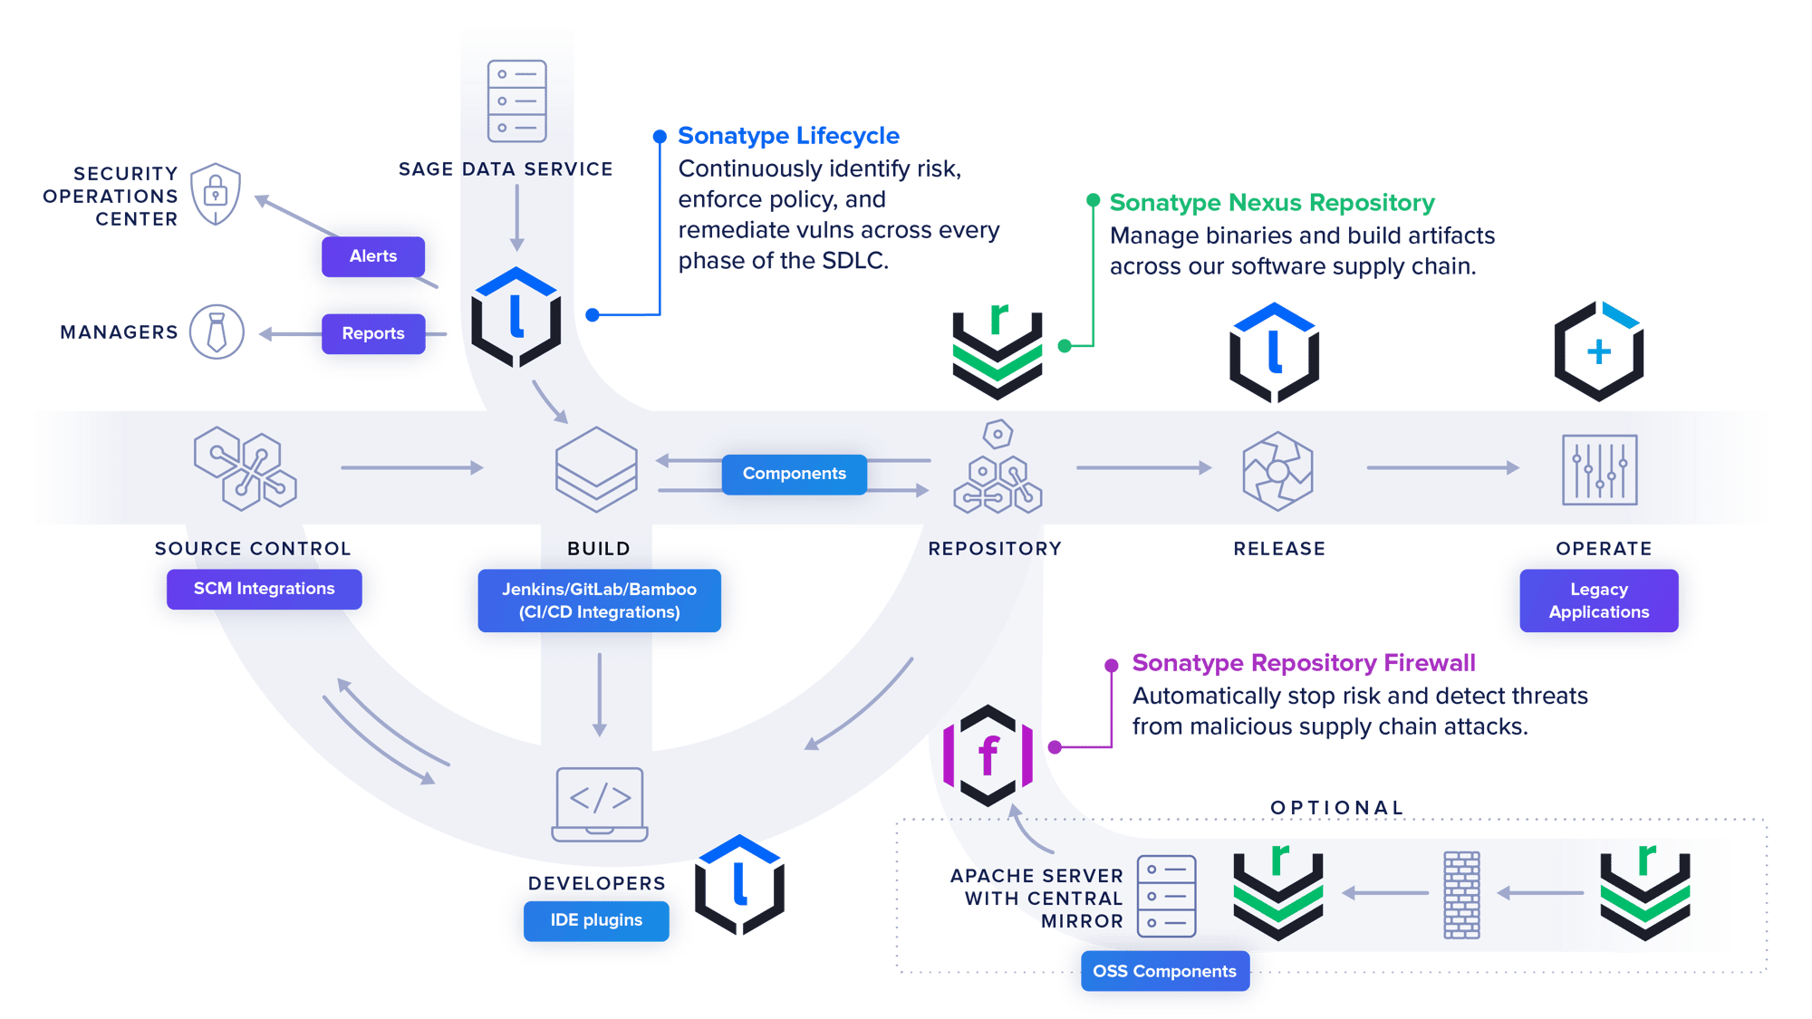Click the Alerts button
(373, 256)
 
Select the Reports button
(373, 333)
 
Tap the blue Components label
(794, 474)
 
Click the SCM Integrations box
(264, 589)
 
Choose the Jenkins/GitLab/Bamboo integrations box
(599, 601)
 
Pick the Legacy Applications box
(1598, 601)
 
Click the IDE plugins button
(596, 920)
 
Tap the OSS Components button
(1164, 971)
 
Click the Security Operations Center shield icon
(216, 194)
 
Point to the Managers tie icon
(217, 332)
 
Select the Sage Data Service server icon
(516, 101)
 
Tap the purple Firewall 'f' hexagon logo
(988, 755)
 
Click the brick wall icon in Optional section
(1461, 895)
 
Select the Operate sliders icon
(1599, 469)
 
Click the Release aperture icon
(1277, 471)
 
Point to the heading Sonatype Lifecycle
(788, 136)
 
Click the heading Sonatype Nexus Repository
(1272, 203)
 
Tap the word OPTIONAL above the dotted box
(1336, 807)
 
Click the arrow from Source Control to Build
(412, 467)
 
